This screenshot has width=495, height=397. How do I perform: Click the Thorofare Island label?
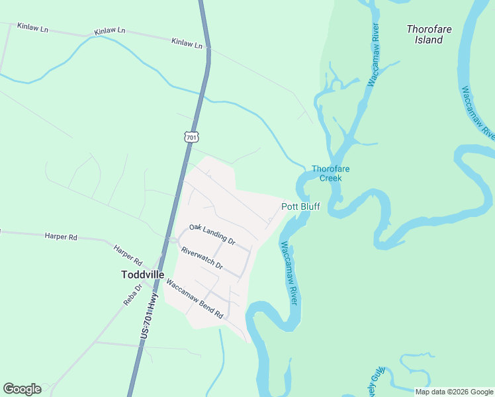(424, 34)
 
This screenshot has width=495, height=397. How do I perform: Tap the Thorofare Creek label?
(330, 173)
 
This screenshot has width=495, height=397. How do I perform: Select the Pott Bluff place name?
(300, 206)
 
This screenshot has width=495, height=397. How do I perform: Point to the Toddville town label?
(143, 274)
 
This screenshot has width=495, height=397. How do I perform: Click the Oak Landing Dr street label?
(212, 234)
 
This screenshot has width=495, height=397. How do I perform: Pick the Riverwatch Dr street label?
(202, 259)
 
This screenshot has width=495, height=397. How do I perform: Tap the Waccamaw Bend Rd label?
(195, 300)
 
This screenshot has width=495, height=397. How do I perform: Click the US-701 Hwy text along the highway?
(150, 317)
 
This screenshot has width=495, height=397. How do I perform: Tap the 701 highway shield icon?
(191, 137)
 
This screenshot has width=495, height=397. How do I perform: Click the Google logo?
(22, 389)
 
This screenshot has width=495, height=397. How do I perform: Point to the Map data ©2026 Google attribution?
(454, 392)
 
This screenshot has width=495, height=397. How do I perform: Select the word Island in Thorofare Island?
(429, 40)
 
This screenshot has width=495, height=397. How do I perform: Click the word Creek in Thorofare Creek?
(330, 178)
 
